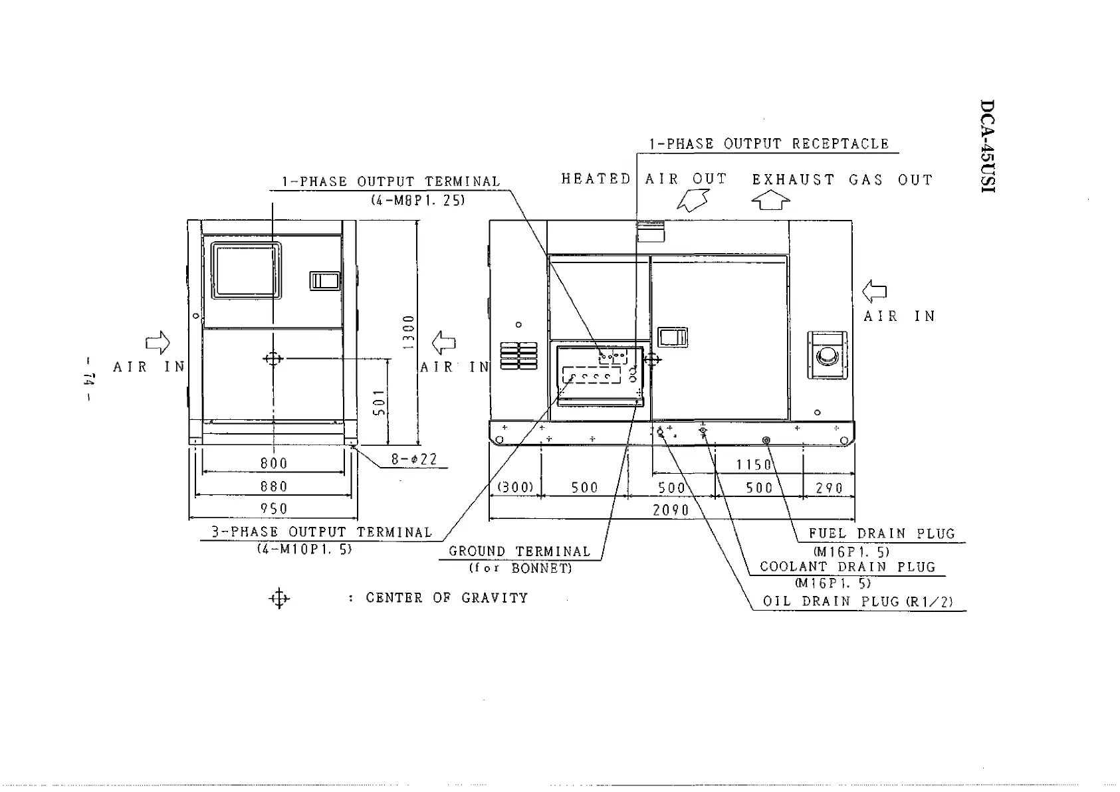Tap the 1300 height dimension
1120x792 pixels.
point(408,332)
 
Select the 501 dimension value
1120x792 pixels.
point(379,403)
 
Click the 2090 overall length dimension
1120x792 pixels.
point(671,510)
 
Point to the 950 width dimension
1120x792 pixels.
point(274,509)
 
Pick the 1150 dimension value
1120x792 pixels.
point(754,464)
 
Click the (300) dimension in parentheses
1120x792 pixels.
point(516,487)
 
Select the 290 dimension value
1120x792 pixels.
point(829,488)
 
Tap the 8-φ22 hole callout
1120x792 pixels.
point(414,459)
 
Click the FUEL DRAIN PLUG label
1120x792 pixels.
point(881,534)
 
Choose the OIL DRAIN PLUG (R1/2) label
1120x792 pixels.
point(857,602)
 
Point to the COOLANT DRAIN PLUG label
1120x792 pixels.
point(847,567)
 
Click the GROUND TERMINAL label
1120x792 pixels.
point(519,551)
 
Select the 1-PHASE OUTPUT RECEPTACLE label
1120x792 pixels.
point(768,144)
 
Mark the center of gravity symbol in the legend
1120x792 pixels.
point(279,598)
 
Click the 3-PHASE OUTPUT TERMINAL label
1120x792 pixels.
point(322,532)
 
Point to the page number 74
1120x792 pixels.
point(90,380)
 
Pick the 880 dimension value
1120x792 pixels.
point(274,486)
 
